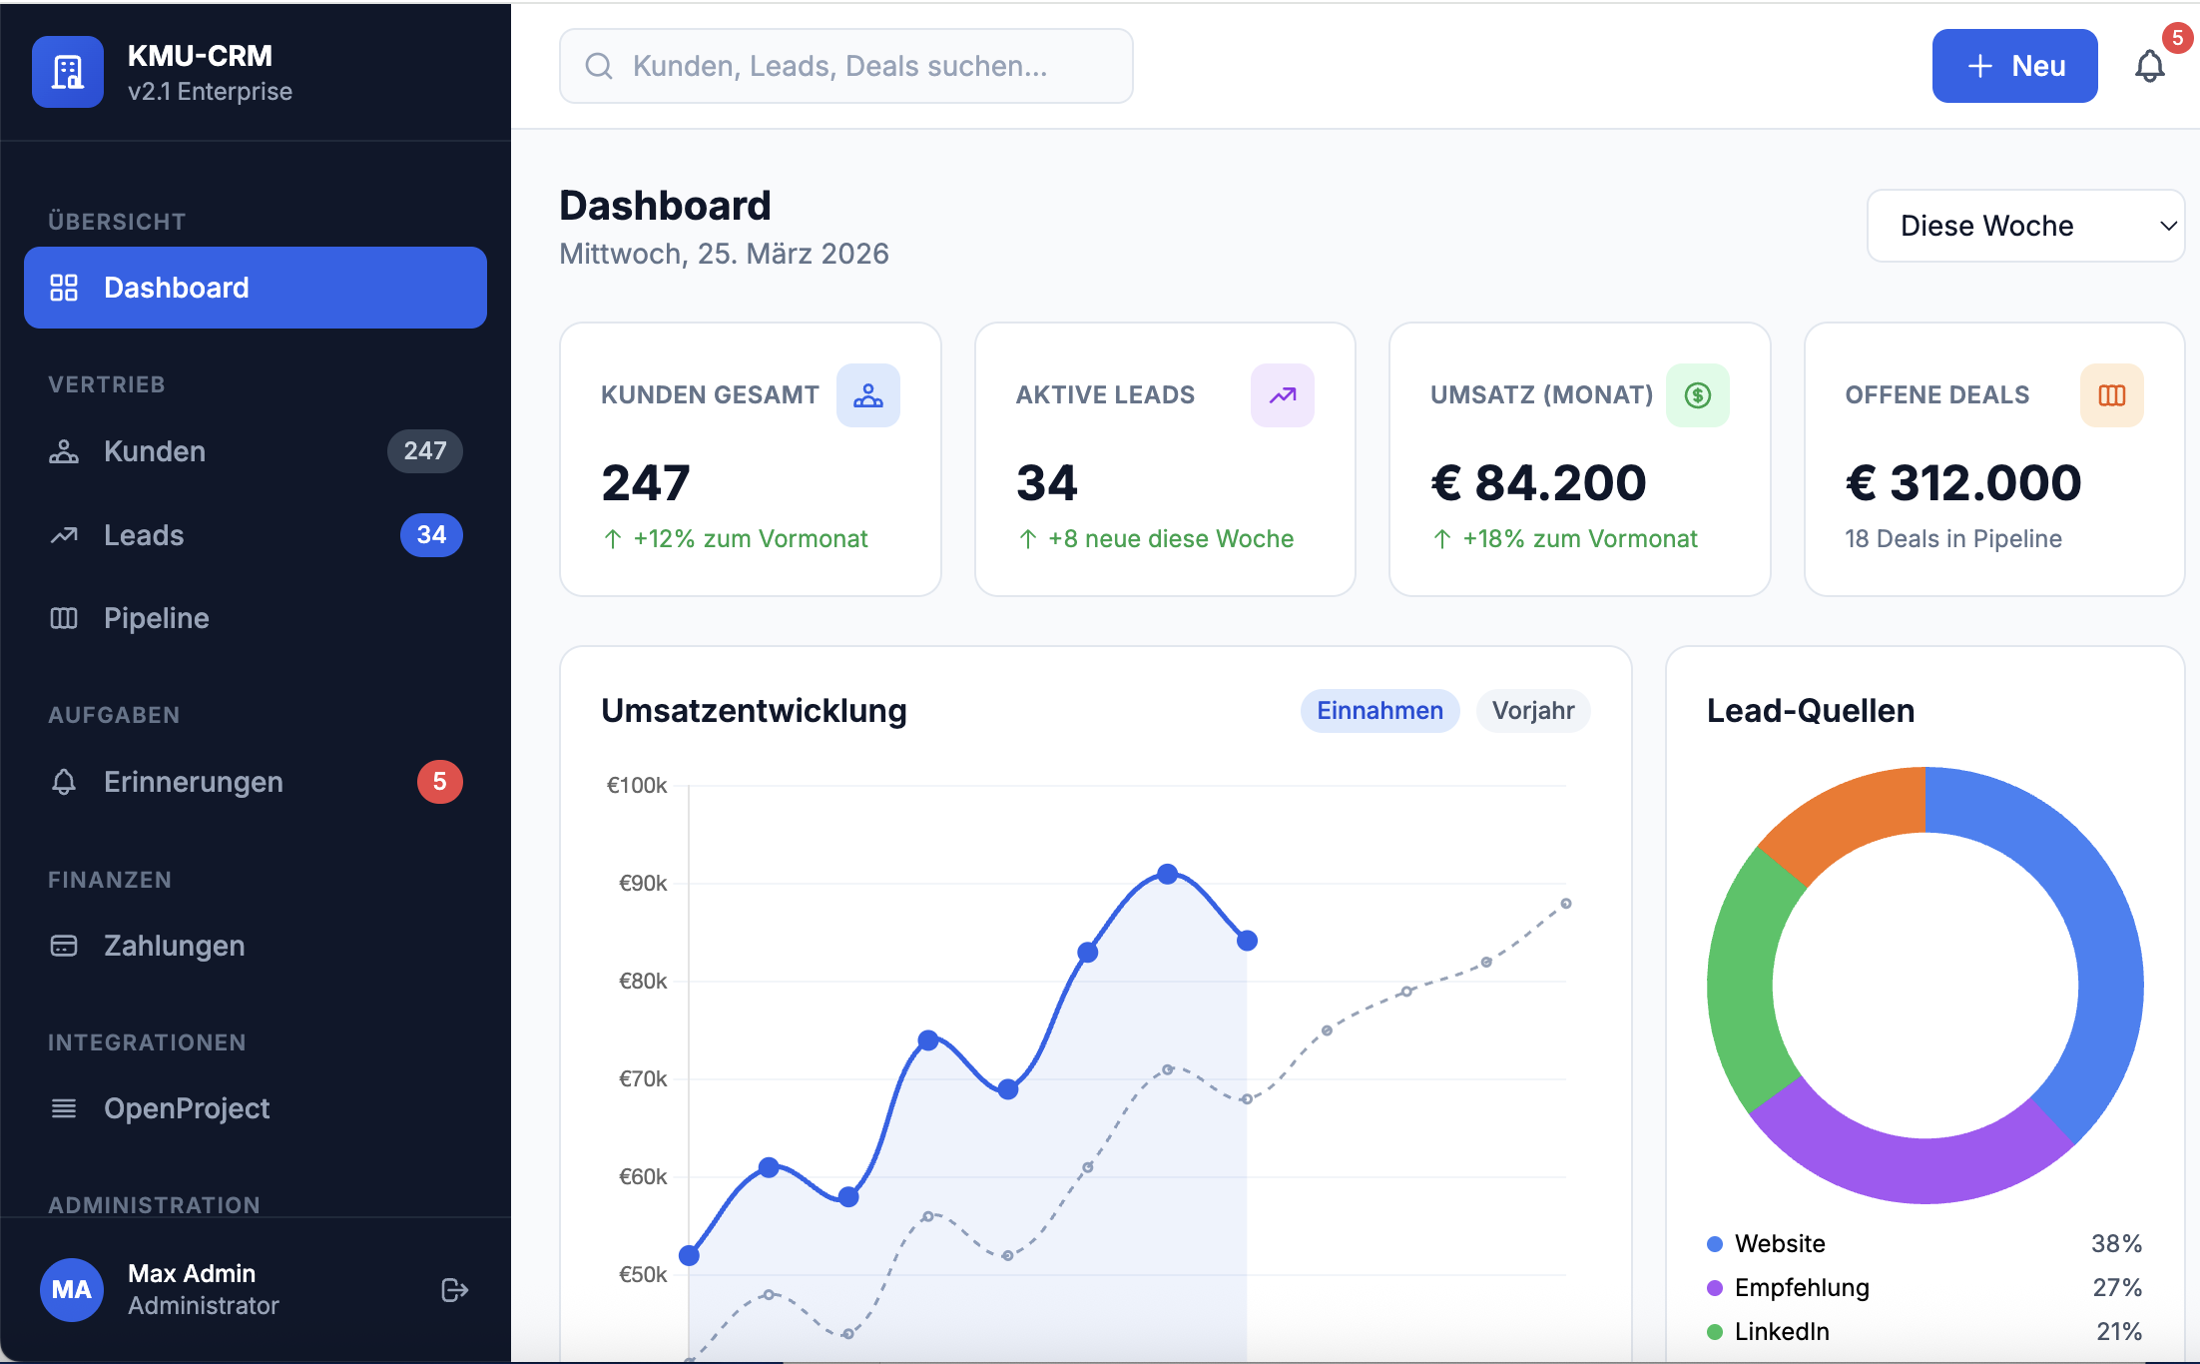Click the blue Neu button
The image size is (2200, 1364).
2014,66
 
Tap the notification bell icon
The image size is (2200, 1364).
2149,67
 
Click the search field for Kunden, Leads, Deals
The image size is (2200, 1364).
845,66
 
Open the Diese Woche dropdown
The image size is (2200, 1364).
2025,226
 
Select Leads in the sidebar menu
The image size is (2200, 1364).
144,535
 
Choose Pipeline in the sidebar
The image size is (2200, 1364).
156,618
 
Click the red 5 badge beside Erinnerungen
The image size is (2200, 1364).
439,782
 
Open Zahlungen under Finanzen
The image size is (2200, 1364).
174,946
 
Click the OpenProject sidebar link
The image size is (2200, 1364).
187,1108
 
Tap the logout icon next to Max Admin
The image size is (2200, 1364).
454,1290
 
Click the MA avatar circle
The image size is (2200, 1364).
72,1290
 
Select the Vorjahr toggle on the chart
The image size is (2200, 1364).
1532,711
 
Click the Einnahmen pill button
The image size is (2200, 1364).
1379,711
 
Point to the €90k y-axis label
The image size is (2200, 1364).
643,883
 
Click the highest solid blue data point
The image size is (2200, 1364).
1168,874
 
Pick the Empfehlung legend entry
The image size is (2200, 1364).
1801,1287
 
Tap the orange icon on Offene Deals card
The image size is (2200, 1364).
2111,395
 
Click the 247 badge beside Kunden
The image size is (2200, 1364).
424,451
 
